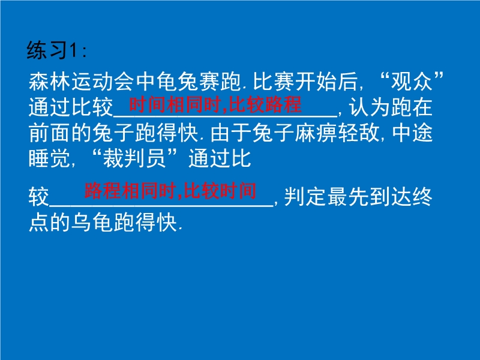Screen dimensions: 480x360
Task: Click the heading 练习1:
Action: (x=56, y=50)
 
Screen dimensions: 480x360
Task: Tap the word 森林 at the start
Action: (x=50, y=82)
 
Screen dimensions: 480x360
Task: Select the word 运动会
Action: (x=103, y=82)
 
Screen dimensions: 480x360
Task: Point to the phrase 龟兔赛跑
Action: (x=199, y=82)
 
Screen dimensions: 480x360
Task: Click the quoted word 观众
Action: (x=412, y=82)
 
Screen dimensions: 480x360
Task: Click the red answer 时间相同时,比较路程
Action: (x=215, y=104)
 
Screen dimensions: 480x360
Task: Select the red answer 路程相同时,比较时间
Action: (x=170, y=190)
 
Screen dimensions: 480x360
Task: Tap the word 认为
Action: (x=369, y=107)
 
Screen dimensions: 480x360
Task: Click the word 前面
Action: (x=50, y=133)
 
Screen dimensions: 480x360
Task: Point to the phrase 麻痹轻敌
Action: (x=337, y=133)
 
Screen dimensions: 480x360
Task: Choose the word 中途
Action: (x=412, y=133)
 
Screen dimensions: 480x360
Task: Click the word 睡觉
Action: (x=50, y=158)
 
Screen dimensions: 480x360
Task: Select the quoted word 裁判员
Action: (x=134, y=158)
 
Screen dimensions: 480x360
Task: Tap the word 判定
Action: (x=305, y=197)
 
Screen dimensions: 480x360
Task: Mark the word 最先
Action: (x=347, y=197)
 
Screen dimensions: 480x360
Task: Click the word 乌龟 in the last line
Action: (x=92, y=222)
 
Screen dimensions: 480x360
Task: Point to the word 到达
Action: (x=390, y=197)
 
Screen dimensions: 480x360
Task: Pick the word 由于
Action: (x=231, y=133)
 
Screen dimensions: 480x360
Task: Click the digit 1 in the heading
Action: (x=73, y=50)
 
